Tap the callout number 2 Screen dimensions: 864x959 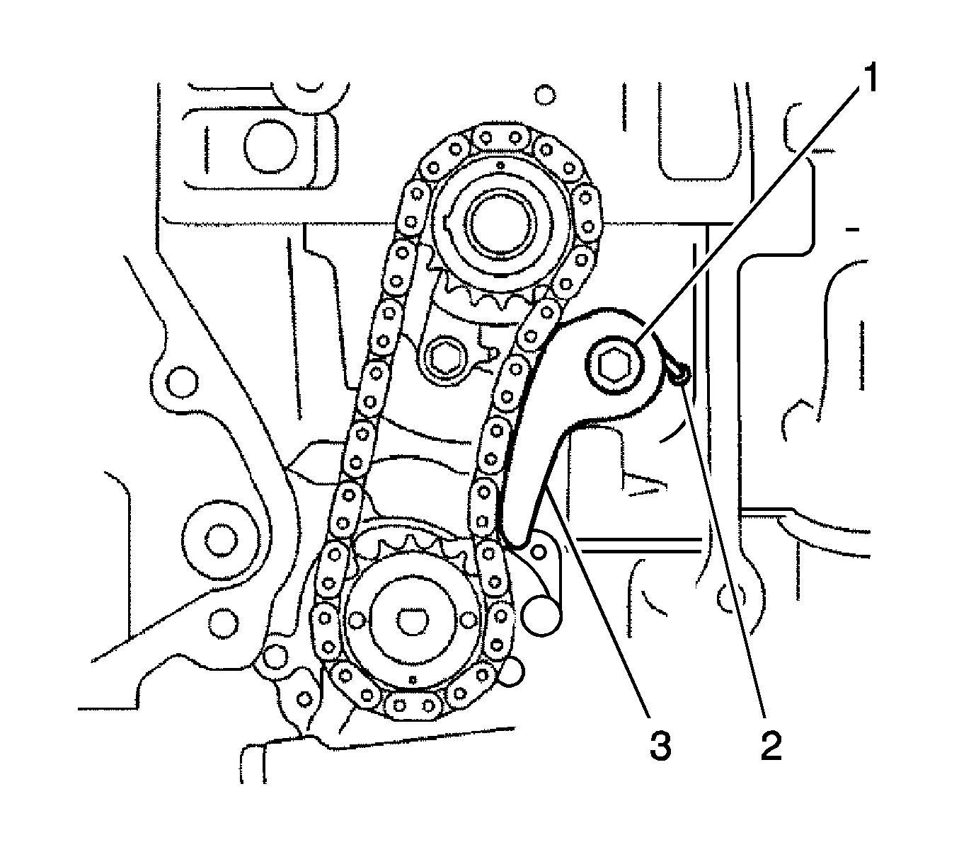771,747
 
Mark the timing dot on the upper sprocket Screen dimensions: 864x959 500,166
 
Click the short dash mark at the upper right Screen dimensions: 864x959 856,230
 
